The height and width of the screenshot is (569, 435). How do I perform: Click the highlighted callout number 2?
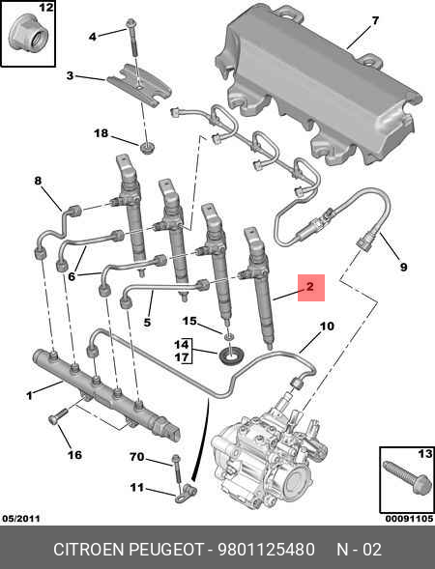coord(309,287)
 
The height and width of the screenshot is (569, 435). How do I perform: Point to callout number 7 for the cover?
coord(375,20)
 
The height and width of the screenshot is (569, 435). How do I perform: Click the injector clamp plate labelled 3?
coord(139,85)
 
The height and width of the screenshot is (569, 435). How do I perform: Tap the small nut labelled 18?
coord(148,148)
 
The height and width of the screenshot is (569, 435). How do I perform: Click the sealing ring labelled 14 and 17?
coord(229,355)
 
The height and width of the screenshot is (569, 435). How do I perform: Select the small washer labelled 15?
coord(228,336)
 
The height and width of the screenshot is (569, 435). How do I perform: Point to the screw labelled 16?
coord(57,415)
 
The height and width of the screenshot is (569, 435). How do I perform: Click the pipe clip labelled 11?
coord(186,494)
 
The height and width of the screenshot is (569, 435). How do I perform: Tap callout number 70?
coord(137,457)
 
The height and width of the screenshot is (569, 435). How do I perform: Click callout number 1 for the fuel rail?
coord(29,395)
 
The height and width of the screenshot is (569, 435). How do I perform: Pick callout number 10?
coord(327,327)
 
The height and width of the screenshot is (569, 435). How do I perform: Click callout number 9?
coord(403,268)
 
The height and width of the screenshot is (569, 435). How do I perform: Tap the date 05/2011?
coord(21,519)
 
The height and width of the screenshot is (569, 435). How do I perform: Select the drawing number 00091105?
coord(410,519)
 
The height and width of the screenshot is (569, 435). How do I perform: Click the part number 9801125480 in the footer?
coord(266,550)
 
